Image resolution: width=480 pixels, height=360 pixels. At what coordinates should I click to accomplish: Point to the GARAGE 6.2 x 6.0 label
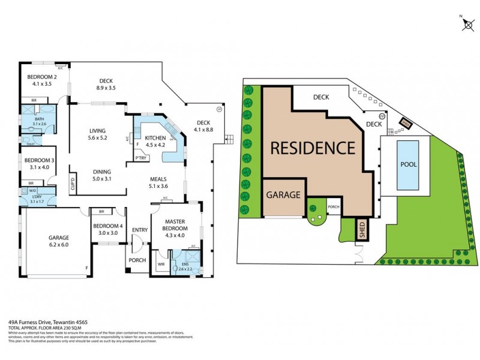pos(58,241)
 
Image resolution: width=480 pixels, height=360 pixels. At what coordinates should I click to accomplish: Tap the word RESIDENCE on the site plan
pos(312,148)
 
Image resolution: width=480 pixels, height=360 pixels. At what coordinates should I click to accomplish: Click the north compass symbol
pos(468,24)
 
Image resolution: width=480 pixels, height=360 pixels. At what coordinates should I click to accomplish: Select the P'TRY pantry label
pos(142,158)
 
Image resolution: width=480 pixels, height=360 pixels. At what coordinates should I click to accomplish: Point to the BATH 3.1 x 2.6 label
pos(40,121)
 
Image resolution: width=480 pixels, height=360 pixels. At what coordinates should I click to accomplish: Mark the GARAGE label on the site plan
pos(283,195)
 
